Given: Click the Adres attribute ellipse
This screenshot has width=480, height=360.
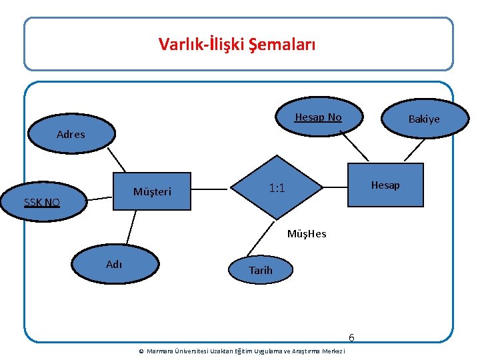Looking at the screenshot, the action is point(71,133).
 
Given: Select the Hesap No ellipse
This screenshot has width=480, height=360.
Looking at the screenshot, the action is point(319,117).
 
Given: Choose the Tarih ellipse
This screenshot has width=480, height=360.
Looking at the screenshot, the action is point(260,270).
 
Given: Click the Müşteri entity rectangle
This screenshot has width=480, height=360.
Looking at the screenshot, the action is point(153,192).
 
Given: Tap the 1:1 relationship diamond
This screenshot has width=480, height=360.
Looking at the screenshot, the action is point(277,189).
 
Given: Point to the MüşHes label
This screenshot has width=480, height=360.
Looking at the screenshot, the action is point(307,234).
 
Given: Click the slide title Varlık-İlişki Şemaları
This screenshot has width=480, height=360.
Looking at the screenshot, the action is point(237,45).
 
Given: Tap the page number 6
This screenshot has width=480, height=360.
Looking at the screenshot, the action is point(351,337).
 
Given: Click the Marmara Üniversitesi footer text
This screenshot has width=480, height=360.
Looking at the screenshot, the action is point(246,351).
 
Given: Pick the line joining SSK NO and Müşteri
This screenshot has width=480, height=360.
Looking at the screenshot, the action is point(99,197).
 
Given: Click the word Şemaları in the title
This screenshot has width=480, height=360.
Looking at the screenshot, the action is point(283,45).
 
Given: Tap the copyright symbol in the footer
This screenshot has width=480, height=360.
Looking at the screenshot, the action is point(141,351).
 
